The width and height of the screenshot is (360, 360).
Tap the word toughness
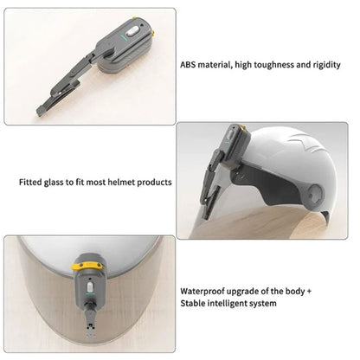click(x=266, y=64)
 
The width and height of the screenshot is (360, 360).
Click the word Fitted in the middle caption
click(x=31, y=183)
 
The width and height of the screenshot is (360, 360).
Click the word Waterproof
click(x=205, y=292)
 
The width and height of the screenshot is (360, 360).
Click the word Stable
click(x=195, y=304)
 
